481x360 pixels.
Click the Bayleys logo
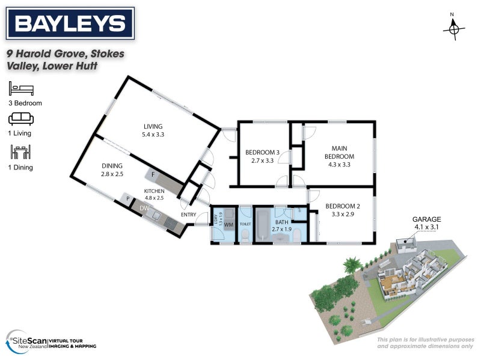70,24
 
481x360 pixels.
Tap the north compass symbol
454,27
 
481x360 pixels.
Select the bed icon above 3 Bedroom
21,90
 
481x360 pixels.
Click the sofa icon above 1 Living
21,119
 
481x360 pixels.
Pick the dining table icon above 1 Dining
21,152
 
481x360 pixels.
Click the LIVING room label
153,130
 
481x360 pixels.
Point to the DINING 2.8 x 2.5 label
112,169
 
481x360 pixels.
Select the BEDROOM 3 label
262,156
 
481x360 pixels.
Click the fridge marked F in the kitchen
153,174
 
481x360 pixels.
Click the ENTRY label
188,215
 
